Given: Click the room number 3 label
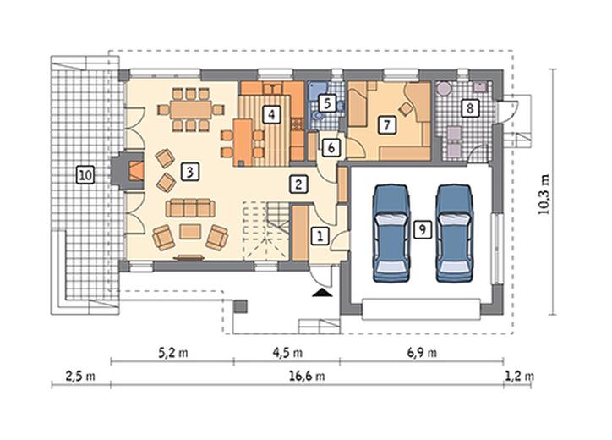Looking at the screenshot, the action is point(190,172).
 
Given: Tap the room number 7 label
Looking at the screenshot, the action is point(386,125).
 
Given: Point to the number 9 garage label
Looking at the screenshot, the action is point(422,229).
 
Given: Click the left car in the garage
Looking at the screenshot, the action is point(391,234).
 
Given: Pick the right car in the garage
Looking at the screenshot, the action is point(454,234).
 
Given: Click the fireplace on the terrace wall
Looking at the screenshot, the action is point(128,171).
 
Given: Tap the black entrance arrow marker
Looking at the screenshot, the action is point(322,293).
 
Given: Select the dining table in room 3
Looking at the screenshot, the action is point(191,110).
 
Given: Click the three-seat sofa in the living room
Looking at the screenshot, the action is point(190,208).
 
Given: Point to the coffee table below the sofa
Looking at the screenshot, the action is point(190,231).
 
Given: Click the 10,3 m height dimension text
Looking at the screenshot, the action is point(544,195).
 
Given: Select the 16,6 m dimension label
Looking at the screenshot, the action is point(307,376).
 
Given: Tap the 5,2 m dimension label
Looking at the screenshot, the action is point(173,353).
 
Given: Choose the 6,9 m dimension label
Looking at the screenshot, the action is point(422,353).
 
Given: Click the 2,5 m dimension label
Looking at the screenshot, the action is point(80,376).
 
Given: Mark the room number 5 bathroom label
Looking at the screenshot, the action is point(327,103).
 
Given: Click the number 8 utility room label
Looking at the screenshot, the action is point(470,107).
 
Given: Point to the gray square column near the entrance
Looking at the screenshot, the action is point(240,306).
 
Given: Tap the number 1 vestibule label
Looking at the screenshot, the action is point(320,236).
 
